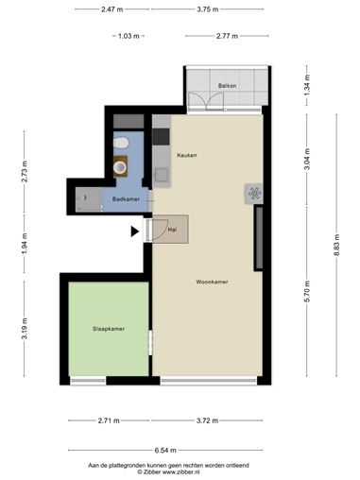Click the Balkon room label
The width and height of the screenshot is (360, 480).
227,86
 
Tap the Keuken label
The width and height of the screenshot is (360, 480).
187,155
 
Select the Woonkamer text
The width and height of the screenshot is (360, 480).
212,282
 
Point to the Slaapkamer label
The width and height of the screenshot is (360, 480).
109,329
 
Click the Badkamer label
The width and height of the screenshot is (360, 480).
126,199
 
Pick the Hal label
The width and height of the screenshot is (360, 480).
172,230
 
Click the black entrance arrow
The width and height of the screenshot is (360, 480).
135,231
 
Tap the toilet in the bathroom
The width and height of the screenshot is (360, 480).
121,143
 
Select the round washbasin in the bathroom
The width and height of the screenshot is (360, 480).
120,167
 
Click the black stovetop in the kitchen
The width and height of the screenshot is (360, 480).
161,137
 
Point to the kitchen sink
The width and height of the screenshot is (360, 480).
161,175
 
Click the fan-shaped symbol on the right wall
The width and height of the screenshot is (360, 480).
254,194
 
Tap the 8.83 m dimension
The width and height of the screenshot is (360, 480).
336,245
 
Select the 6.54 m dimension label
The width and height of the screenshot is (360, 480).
165,451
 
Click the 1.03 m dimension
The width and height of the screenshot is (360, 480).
129,36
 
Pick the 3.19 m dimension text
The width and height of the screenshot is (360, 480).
25,329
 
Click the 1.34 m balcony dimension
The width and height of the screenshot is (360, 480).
308,85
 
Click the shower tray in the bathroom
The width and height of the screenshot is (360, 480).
89,199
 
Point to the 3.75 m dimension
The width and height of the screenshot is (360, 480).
208,9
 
